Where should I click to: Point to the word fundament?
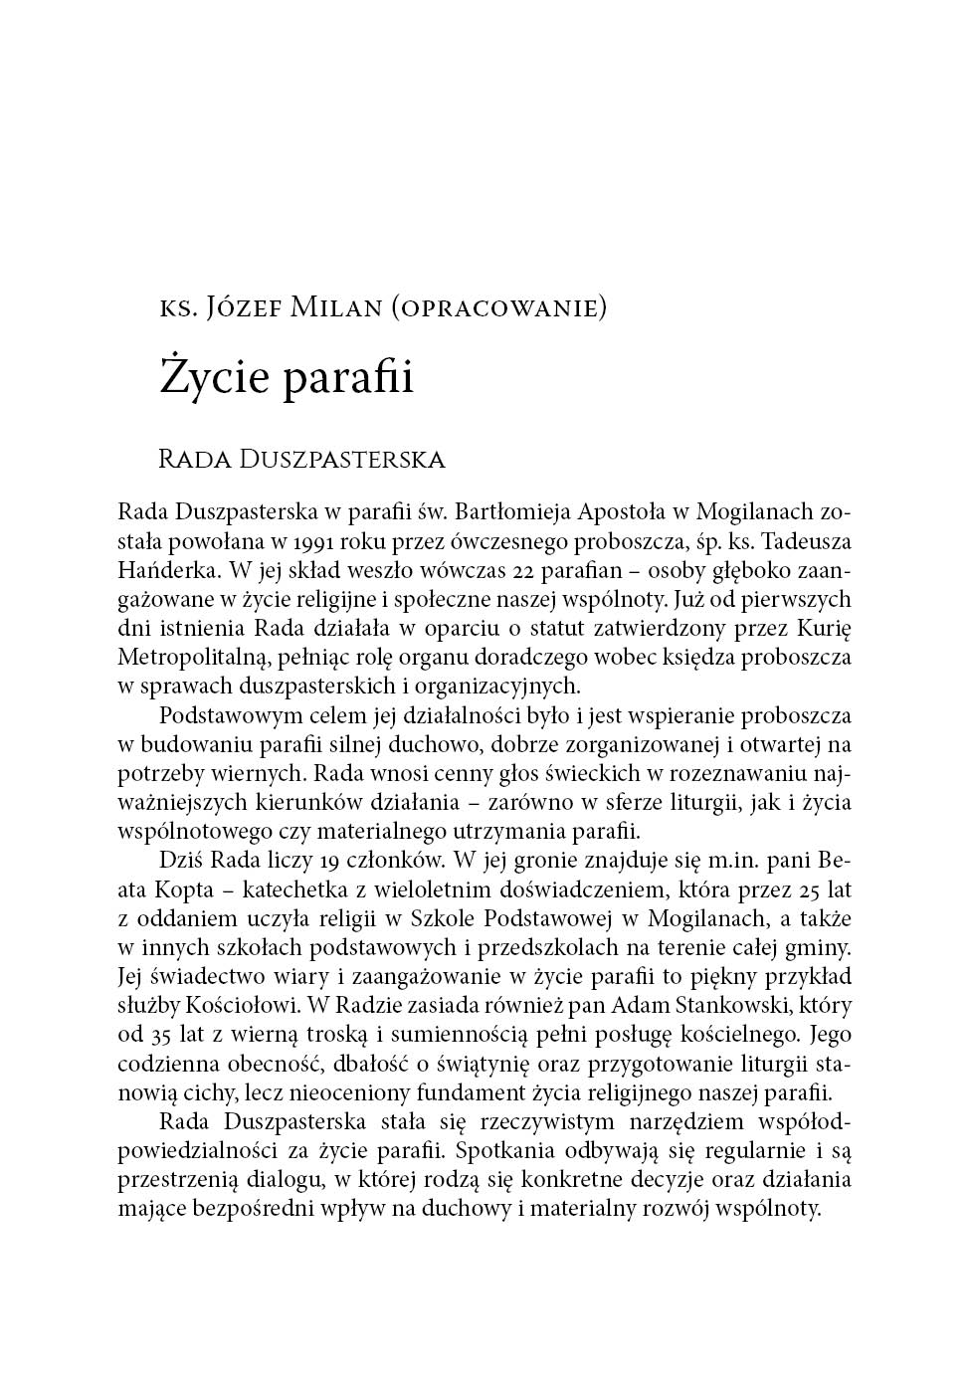(465, 1091)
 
